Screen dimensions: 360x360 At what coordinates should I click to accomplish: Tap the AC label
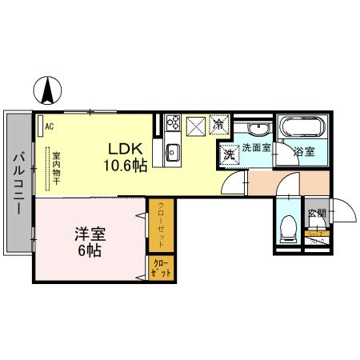49,126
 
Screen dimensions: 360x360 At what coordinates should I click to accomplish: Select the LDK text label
127,149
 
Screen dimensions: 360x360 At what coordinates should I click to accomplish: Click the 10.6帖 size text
127,166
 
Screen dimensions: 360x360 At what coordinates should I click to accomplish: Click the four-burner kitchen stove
171,125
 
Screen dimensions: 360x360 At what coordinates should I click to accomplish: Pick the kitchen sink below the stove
171,152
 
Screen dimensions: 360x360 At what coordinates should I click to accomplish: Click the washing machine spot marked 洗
228,154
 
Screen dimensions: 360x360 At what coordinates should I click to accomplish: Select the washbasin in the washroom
258,130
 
